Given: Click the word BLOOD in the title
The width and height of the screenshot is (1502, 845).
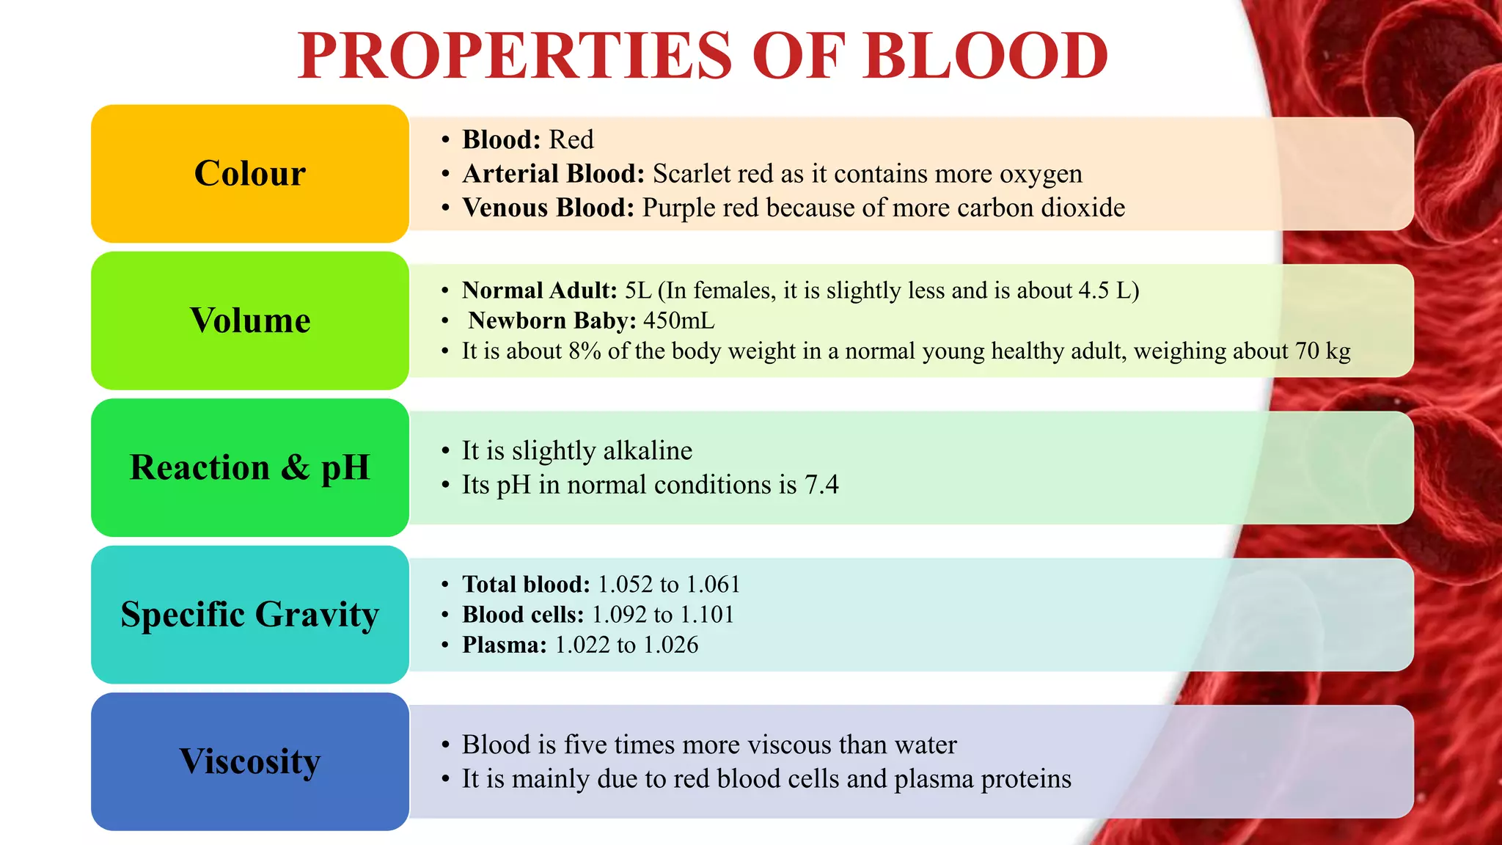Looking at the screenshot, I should click(986, 56).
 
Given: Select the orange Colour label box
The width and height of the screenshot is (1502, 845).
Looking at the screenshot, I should click(250, 174).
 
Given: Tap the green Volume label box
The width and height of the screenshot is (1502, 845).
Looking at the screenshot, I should click(250, 321).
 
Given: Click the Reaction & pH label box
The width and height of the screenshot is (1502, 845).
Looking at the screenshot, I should click(250, 467).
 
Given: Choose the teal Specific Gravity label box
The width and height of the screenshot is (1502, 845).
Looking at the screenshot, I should click(250, 615).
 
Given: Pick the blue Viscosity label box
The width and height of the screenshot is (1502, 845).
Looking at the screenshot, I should click(250, 761).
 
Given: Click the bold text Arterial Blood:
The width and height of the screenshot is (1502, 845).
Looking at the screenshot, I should click(553, 174).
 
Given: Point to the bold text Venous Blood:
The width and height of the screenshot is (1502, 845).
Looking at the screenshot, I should click(548, 208).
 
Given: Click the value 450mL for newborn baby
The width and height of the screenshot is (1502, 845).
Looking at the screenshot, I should click(678, 321).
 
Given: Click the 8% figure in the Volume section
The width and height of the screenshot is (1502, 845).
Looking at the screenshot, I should click(585, 351).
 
